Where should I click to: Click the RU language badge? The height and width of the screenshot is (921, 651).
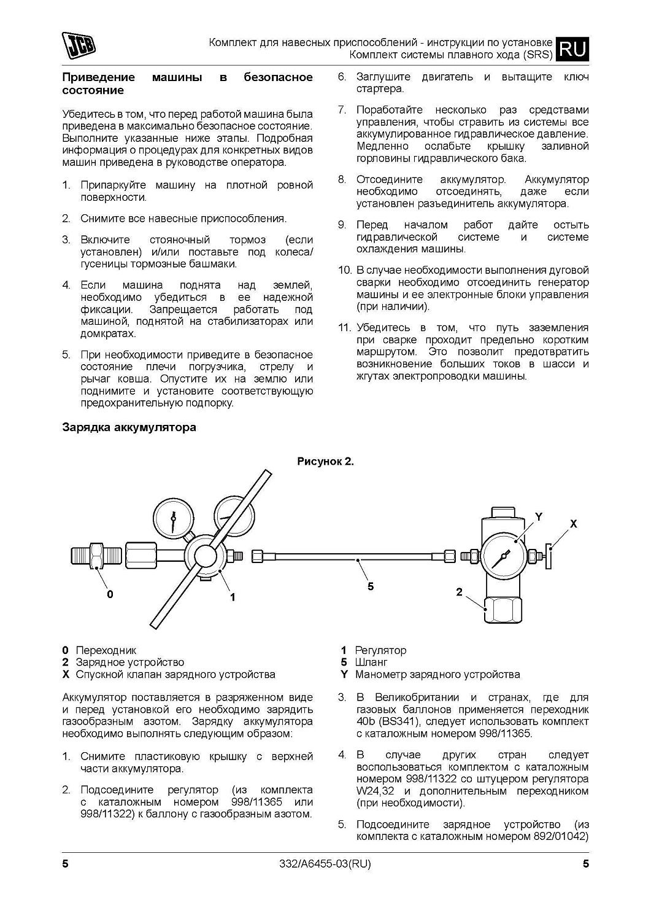pyautogui.click(x=572, y=49)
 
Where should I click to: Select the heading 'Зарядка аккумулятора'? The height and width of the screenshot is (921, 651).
pyautogui.click(x=129, y=427)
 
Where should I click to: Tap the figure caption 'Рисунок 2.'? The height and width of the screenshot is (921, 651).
pyautogui.click(x=325, y=462)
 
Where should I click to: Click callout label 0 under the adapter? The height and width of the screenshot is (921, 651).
pyautogui.click(x=110, y=594)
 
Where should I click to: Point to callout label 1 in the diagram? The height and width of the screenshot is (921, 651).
pyautogui.click(x=233, y=596)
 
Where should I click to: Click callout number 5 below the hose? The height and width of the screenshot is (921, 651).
pyautogui.click(x=370, y=586)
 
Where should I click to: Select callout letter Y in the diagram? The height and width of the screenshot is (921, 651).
pyautogui.click(x=538, y=517)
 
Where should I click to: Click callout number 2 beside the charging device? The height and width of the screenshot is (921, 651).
pyautogui.click(x=459, y=592)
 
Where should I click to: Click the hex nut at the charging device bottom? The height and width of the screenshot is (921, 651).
pyautogui.click(x=503, y=610)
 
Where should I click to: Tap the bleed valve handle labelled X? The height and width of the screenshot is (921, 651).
pyautogui.click(x=551, y=556)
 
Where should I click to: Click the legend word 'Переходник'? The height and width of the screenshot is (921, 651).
pyautogui.click(x=106, y=650)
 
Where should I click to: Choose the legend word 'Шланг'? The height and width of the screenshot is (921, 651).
pyautogui.click(x=371, y=663)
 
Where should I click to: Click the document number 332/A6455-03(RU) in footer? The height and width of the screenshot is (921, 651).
pyautogui.click(x=325, y=865)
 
